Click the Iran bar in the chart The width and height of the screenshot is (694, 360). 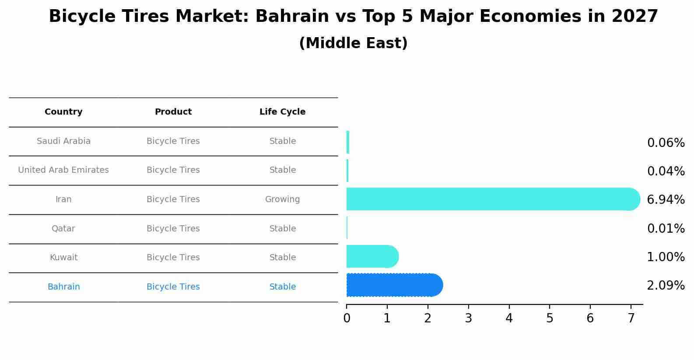[x=490, y=199]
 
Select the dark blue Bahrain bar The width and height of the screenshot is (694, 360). [x=394, y=285]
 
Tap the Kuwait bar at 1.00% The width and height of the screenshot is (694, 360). [x=372, y=256]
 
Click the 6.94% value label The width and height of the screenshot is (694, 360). [x=666, y=200]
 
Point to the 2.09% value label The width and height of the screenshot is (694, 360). [x=666, y=286]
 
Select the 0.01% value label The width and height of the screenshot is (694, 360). [x=666, y=229]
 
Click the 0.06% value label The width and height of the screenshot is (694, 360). [x=666, y=143]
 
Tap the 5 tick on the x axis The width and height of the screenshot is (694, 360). [x=550, y=318]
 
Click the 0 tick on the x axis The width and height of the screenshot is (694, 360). [x=347, y=318]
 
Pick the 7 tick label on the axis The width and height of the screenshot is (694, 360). [x=631, y=318]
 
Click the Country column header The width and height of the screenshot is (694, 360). [x=63, y=112]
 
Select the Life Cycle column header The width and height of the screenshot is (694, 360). [x=282, y=112]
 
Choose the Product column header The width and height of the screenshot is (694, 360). [x=173, y=112]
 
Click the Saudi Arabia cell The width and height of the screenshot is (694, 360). [x=63, y=141]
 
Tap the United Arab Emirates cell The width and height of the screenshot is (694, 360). [x=63, y=170]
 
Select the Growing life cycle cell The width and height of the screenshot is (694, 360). [x=282, y=199]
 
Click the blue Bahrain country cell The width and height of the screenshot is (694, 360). [x=63, y=287]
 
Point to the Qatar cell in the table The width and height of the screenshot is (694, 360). [x=63, y=229]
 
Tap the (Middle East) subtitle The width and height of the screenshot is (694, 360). [x=353, y=43]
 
